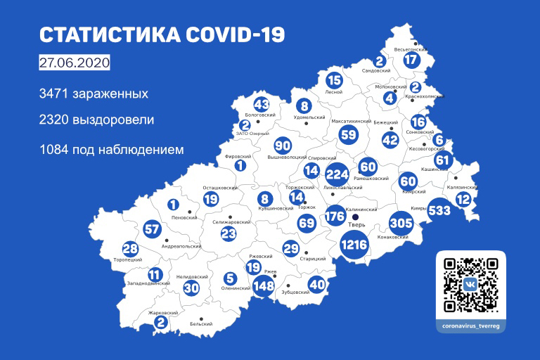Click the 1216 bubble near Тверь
(355, 245)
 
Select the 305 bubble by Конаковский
(401, 223)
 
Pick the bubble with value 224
(337, 172)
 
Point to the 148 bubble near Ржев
(264, 286)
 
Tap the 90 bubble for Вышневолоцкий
(282, 146)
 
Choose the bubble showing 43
(262, 104)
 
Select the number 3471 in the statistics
(59, 92)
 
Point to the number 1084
(59, 149)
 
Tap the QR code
(471, 285)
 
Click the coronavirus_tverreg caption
(471, 327)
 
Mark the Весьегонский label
(412, 50)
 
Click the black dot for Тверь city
(356, 218)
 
